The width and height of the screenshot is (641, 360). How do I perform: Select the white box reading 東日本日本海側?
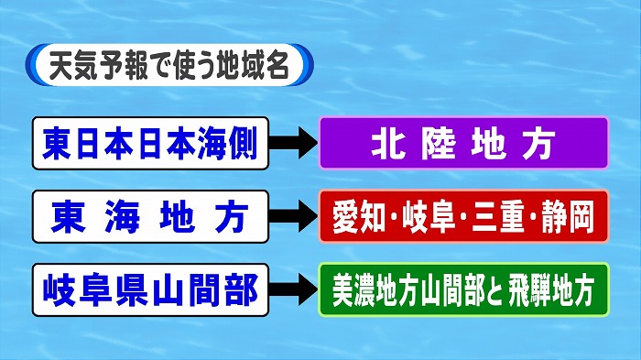pos(151,144)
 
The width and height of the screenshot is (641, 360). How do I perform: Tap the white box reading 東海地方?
pos(151,216)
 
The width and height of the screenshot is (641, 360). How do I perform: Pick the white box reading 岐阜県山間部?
pos(151,290)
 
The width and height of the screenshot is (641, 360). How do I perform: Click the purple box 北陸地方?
pos(463,144)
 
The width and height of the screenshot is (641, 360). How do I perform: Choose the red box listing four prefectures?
pos(463,216)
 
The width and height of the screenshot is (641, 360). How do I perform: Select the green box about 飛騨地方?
pos(463,290)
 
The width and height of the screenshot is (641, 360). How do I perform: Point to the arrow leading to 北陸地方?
pos(294,144)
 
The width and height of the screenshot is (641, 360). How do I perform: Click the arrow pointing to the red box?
pos(294,216)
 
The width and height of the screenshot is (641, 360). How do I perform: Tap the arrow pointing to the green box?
pos(294,290)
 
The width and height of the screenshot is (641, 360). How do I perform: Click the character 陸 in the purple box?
pos(432,144)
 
